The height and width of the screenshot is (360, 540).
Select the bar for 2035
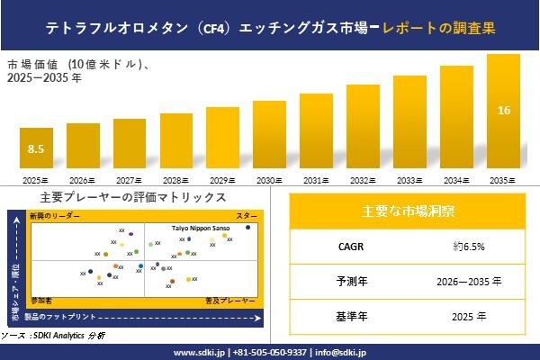click(x=504, y=113)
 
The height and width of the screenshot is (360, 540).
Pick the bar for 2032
click(x=363, y=128)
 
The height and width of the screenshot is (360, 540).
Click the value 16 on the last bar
click(x=504, y=111)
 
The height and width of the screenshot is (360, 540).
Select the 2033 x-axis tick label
click(x=410, y=181)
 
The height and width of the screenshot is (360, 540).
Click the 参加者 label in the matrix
click(x=41, y=297)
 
